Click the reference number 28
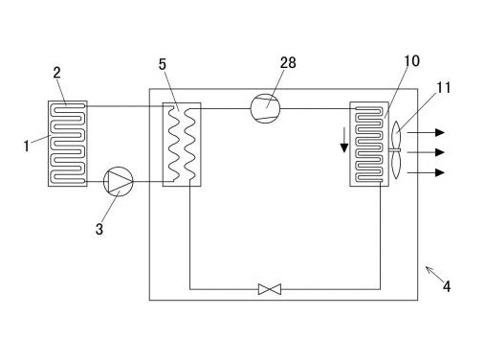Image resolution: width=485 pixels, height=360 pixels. coord(288,63)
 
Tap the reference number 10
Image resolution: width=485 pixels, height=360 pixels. coord(411,61)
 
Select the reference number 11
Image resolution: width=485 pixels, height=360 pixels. coord(443,88)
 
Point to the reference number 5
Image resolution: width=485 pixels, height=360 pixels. coord(163,64)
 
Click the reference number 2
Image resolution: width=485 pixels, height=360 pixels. coord(56,73)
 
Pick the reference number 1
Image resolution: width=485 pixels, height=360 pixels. coord(27,146)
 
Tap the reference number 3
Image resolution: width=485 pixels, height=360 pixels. coord(99,229)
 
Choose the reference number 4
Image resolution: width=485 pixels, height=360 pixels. coord(447,286)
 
